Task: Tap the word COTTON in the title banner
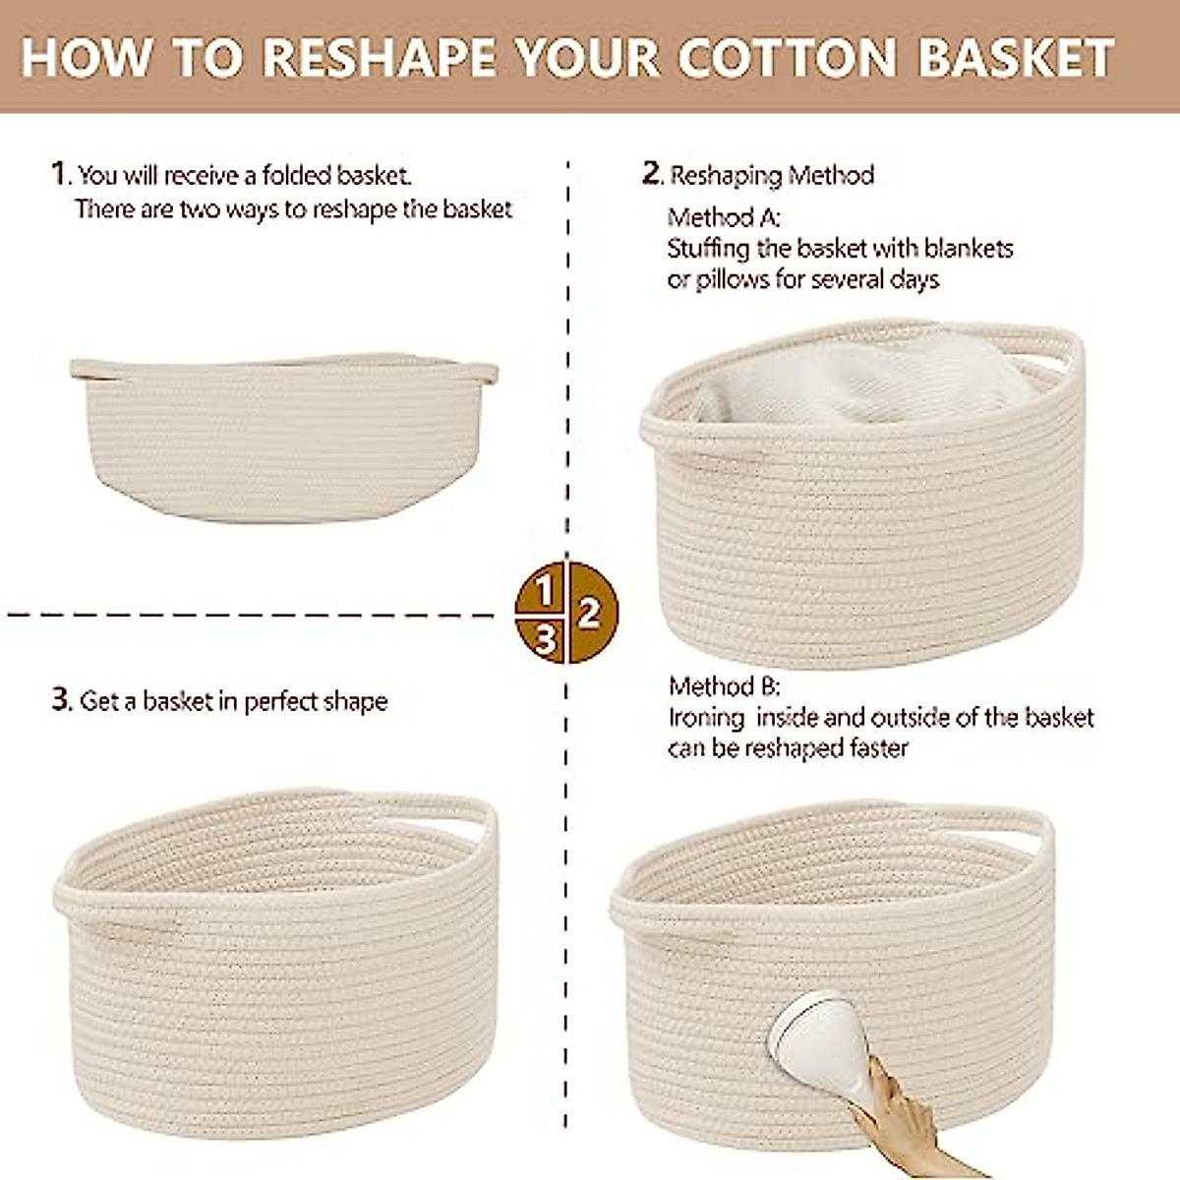click(787, 57)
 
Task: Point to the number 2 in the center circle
click(589, 614)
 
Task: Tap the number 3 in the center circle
click(545, 641)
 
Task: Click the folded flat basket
click(280, 438)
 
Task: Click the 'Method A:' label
click(724, 217)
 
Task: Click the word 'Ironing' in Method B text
click(706, 718)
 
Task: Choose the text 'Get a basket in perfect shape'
click(233, 701)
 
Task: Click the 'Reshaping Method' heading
click(771, 175)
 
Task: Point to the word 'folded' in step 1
click(296, 176)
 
